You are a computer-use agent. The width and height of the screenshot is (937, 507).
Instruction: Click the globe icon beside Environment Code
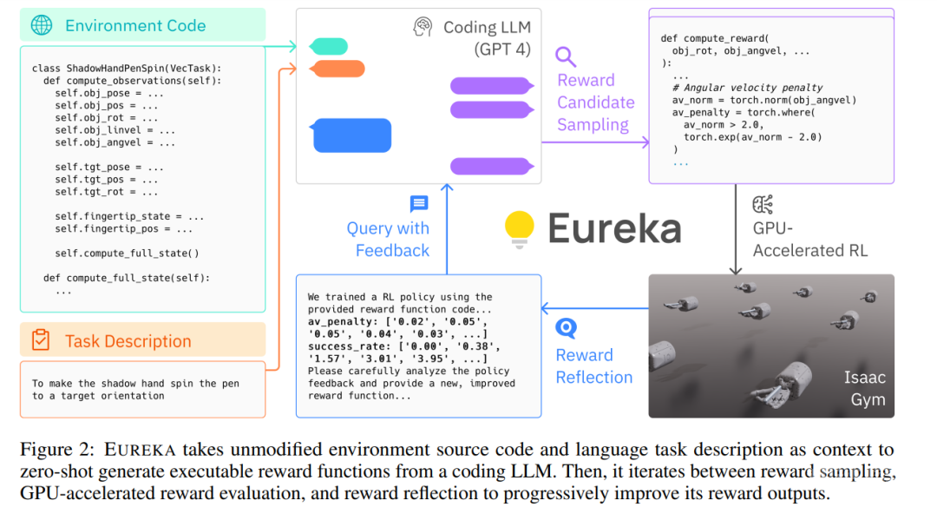coord(41,25)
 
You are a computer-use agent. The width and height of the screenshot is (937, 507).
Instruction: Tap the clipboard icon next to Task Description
coord(40,340)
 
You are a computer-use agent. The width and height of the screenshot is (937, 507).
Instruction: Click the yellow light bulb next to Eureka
coord(520,227)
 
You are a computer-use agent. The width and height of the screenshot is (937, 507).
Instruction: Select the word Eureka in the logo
coord(614,227)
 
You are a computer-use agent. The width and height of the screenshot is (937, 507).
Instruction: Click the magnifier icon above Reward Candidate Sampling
coord(566,57)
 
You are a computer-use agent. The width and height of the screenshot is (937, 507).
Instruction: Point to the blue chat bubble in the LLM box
coord(339,135)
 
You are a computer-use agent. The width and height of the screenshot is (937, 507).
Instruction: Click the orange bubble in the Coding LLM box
coord(337,69)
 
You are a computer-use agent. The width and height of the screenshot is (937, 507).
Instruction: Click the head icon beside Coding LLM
coord(423,27)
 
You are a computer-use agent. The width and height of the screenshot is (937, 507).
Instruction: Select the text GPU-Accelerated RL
coord(809,240)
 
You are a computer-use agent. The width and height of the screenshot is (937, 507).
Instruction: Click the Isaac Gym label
coord(864,388)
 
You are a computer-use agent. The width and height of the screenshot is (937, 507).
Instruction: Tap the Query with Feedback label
coord(388,239)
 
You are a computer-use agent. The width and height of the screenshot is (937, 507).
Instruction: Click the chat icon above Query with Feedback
coord(419,204)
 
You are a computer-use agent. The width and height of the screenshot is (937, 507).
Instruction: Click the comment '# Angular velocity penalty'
coord(747,88)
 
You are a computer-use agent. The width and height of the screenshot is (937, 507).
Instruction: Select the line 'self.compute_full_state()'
coord(128,253)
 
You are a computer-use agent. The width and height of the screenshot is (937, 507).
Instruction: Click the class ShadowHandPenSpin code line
coord(127,69)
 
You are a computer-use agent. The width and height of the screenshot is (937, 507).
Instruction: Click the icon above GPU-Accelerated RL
coord(763,205)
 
